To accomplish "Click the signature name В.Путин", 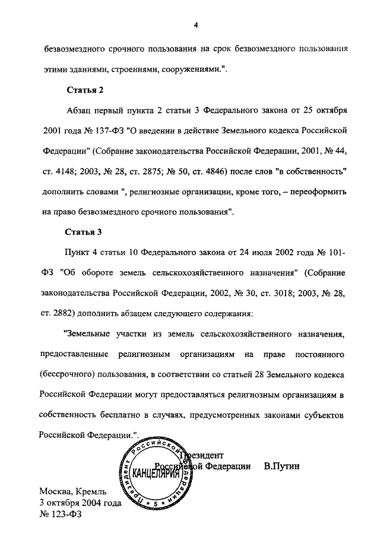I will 282,466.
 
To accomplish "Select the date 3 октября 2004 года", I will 80,503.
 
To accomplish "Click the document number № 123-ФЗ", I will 60,514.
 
